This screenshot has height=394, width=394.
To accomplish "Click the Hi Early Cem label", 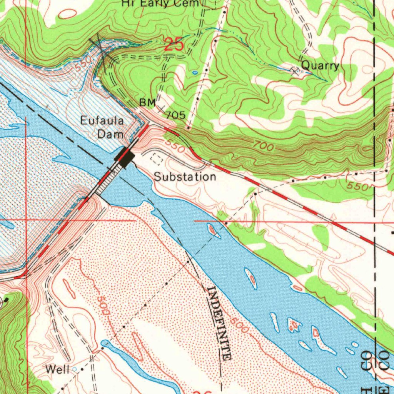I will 161,3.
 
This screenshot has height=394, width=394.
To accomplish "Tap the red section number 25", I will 174,45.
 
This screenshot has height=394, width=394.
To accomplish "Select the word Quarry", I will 320,65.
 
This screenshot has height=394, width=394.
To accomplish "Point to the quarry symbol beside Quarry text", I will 295,70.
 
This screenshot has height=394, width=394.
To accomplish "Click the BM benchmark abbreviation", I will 147,103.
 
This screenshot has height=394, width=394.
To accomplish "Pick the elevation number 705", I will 176,115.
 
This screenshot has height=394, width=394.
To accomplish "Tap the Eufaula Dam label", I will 103,127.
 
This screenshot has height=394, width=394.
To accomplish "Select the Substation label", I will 185,177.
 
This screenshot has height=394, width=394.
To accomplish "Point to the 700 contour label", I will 264,146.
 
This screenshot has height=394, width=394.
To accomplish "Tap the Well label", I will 57,370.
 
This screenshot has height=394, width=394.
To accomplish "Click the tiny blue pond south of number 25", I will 195,72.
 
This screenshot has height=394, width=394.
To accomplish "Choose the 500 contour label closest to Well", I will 102,305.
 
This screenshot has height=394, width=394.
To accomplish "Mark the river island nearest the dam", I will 212,230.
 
